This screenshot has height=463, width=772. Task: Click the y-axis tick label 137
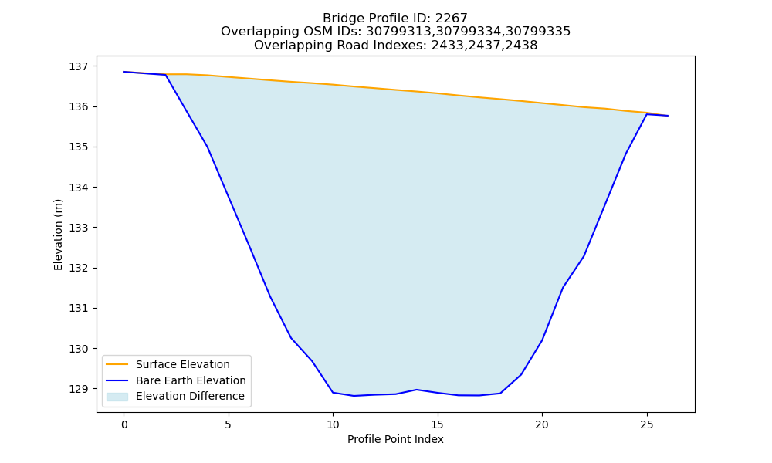(x=78, y=66)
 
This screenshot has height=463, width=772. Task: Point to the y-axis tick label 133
(x=78, y=228)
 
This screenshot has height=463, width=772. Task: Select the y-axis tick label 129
(x=78, y=389)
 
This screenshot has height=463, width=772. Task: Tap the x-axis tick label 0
(x=124, y=424)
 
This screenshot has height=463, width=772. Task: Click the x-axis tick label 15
(x=437, y=424)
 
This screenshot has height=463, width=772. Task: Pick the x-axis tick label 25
(x=646, y=424)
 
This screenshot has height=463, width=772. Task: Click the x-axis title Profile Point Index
(x=395, y=439)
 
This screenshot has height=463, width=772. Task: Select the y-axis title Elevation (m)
(x=58, y=235)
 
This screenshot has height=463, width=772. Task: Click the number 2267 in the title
(x=451, y=19)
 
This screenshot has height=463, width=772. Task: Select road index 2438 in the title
(x=521, y=46)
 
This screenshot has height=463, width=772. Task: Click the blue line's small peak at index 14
(x=417, y=390)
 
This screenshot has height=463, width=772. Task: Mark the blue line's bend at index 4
(x=208, y=147)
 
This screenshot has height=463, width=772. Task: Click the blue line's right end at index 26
(x=668, y=116)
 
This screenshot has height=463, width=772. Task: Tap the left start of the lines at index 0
(x=124, y=72)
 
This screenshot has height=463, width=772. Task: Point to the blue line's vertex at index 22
(x=584, y=256)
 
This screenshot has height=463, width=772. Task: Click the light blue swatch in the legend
(x=117, y=397)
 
